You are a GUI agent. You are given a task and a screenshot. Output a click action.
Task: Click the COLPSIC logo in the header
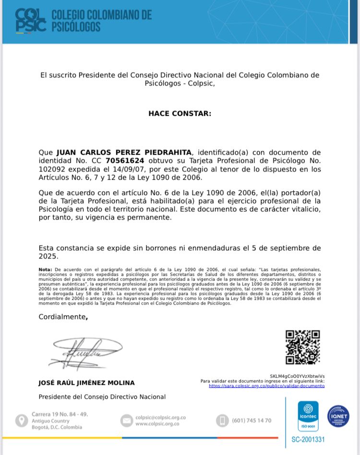click(31, 21)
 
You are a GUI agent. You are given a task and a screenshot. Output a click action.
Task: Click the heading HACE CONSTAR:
click(180, 114)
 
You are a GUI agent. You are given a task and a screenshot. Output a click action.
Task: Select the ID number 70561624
click(125, 160)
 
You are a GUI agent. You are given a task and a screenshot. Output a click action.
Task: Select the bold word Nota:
click(46, 270)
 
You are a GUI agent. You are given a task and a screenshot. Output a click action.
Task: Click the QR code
click(302, 347)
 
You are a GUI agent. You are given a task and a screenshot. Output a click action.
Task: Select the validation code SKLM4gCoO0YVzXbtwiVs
click(298, 376)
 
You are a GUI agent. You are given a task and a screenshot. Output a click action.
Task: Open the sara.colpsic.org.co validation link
click(266, 386)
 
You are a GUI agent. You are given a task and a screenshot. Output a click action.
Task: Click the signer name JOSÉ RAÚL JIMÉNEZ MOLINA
click(86, 383)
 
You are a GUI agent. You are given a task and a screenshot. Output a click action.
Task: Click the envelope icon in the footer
click(126, 420)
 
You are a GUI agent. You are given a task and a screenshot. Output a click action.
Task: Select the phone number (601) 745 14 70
click(252, 420)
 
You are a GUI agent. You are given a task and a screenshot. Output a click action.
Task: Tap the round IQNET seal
click(338, 416)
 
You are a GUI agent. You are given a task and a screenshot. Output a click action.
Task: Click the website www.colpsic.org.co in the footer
click(157, 424)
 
